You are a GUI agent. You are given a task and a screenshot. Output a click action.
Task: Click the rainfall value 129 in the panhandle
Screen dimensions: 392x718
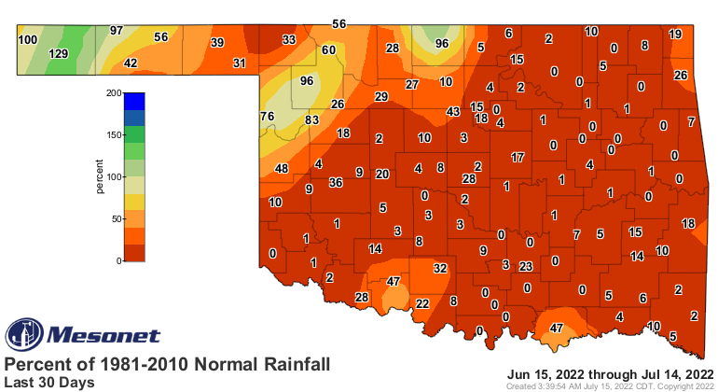tap(59, 55)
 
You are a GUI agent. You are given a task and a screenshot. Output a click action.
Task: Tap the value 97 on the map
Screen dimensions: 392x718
tap(117, 31)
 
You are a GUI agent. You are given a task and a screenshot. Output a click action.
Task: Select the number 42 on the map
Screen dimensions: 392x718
tap(131, 63)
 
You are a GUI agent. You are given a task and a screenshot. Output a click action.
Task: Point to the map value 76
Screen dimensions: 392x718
tap(267, 116)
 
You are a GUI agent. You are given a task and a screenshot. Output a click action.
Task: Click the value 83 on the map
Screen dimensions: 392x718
tap(311, 119)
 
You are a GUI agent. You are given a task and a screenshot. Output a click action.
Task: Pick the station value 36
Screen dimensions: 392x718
tap(337, 183)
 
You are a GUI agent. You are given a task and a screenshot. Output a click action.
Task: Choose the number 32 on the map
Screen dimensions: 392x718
tap(441, 268)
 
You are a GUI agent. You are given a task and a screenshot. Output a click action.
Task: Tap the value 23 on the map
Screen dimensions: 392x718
tap(526, 266)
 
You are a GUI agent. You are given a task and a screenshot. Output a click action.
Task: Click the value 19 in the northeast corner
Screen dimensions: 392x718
tap(676, 35)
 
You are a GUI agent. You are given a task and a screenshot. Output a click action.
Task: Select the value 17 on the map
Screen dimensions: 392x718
tap(518, 158)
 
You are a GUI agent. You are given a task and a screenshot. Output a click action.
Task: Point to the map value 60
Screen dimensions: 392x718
tap(328, 49)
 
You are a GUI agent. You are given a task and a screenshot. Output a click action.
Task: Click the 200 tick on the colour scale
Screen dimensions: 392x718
tap(113, 93)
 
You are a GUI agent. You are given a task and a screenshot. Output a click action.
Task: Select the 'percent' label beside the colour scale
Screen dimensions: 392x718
tap(99, 176)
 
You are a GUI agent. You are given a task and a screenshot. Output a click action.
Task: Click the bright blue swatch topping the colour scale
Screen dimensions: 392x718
tap(134, 101)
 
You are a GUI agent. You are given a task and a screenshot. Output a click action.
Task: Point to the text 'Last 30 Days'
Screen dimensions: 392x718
tap(48, 382)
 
